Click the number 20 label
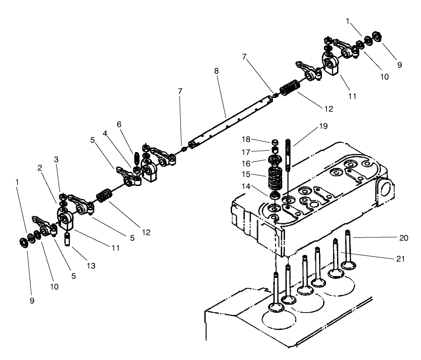tap(404, 238)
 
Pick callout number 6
tap(120, 125)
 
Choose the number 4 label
tap(105, 132)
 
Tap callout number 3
tap(56, 159)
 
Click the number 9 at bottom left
tap(32, 301)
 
